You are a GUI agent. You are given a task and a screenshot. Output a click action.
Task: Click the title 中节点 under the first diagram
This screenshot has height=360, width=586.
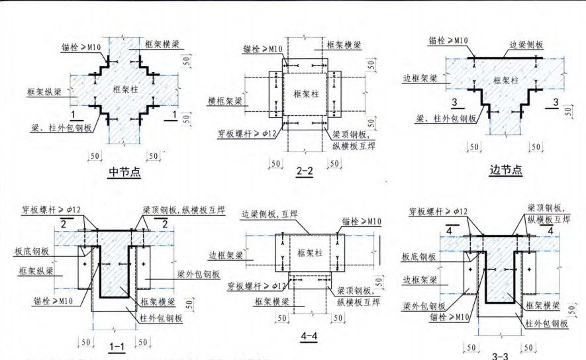124,173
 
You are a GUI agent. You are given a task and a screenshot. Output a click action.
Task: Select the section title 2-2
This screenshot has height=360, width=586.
305,173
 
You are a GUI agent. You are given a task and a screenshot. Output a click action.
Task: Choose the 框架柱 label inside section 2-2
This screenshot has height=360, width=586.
305,92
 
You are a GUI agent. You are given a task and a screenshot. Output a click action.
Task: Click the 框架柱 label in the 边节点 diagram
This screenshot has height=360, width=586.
507,79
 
